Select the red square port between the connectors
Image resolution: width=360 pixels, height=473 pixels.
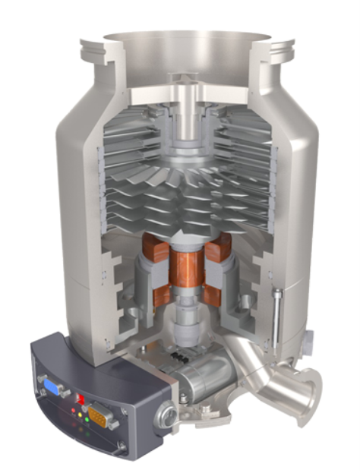tap(78, 398)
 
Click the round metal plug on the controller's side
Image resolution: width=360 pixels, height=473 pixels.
tap(166, 414)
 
